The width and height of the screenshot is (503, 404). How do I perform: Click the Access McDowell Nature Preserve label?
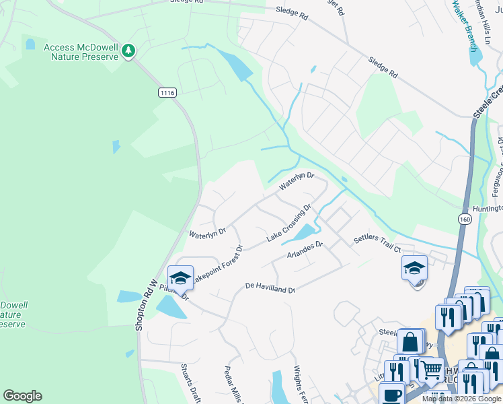pos(81,52)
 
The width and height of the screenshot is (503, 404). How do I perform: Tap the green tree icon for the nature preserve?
pos(129,50)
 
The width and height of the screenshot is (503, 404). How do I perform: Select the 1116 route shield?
pos(167,92)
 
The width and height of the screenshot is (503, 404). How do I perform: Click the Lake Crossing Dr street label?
pos(289,224)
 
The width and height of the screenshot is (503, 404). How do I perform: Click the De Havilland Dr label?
pos(270,288)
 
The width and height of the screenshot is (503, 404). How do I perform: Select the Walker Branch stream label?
pos(464,26)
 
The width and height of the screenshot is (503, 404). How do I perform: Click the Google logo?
pos(22,396)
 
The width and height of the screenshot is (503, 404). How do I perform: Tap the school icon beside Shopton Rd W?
pos(180,277)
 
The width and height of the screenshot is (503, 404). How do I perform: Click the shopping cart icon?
pos(431,370)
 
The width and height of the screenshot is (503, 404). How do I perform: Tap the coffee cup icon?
pos(391,394)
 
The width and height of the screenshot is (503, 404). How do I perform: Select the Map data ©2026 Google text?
pos(461,399)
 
